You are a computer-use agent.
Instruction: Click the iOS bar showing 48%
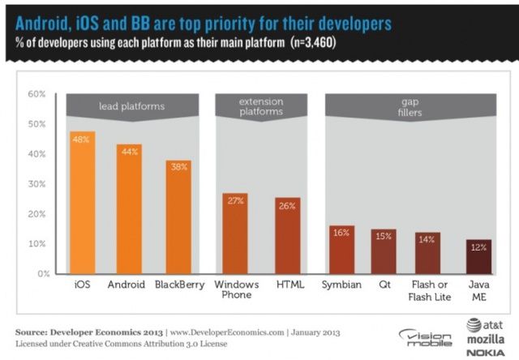[x=83, y=203]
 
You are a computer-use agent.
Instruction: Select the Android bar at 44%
[x=130, y=209]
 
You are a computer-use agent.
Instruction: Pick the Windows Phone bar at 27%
[x=235, y=234]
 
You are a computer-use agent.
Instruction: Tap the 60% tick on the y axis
[x=36, y=94]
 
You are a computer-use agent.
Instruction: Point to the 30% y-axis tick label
[x=36, y=184]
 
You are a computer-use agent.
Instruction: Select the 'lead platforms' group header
[x=131, y=105]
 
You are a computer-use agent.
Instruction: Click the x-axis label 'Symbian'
[x=341, y=285]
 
